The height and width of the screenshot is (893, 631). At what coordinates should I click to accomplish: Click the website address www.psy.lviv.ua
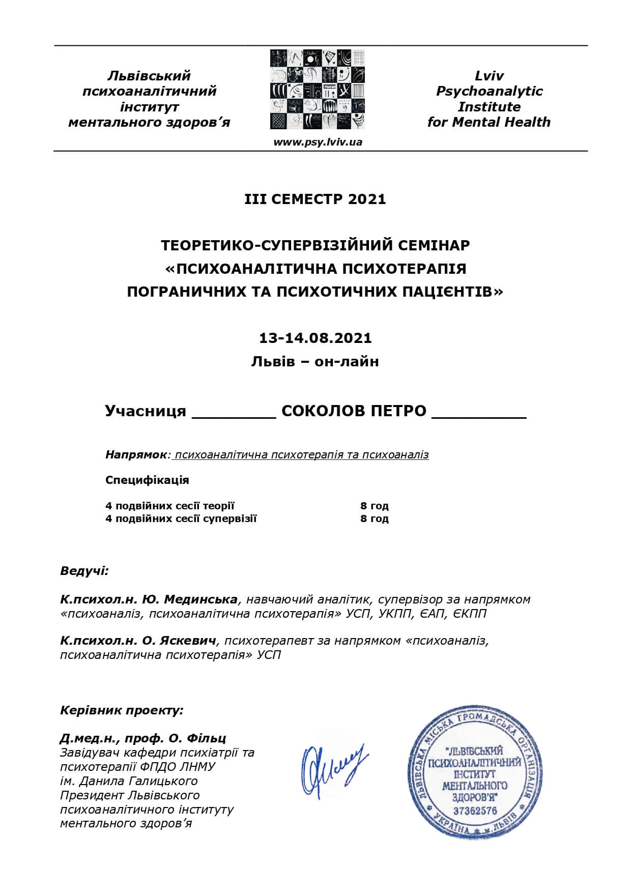[318, 142]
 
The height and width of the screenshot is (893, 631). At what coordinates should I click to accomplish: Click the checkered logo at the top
[318, 90]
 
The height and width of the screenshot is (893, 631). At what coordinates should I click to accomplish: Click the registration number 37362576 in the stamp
[474, 811]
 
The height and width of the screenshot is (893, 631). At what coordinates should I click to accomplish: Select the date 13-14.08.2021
[315, 338]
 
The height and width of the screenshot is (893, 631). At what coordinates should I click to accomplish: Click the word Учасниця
[146, 411]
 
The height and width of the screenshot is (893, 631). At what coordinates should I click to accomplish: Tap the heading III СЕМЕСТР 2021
[315, 199]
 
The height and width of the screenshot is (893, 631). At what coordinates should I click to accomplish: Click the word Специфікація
[147, 480]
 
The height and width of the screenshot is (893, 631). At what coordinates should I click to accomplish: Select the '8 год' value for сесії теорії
[374, 506]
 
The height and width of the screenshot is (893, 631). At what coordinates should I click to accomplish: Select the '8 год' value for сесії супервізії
[374, 518]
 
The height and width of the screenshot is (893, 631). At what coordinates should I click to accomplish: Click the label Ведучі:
[84, 570]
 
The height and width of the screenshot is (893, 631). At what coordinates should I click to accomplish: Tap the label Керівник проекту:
[122, 710]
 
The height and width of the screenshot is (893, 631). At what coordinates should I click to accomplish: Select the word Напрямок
[136, 454]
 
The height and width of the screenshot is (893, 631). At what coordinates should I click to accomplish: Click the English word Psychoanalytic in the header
[489, 91]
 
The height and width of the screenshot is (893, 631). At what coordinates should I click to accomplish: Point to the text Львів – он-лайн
[315, 362]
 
